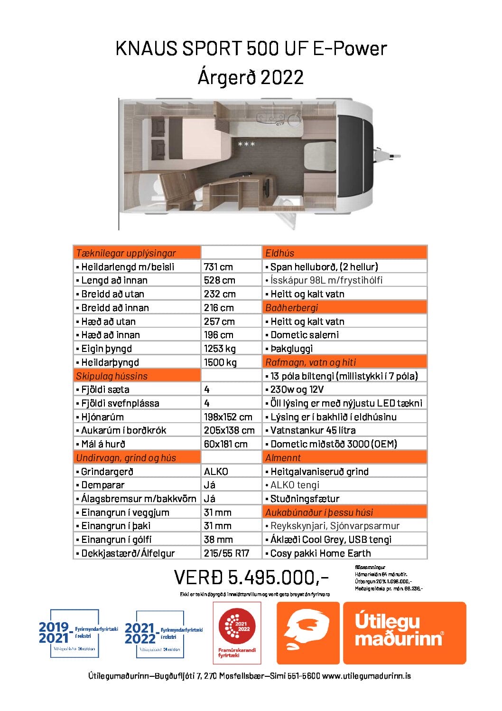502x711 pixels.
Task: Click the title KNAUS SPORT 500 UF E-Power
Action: [251, 48]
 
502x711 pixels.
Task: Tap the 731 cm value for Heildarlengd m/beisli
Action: [218, 267]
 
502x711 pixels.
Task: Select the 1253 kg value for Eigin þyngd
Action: [220, 349]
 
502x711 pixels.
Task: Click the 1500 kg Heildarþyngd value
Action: [220, 362]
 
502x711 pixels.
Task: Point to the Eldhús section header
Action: [280, 253]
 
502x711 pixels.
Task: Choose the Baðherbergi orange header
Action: [291, 308]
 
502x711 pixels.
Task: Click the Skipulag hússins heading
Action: [112, 376]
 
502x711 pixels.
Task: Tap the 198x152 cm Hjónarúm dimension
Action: [228, 417]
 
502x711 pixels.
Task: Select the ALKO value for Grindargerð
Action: [216, 472]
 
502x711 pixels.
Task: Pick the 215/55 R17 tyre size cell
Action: [226, 553]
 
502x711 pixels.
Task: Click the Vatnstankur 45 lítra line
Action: [313, 430]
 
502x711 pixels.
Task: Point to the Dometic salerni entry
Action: [305, 335]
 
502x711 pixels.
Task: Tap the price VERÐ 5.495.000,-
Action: [251, 578]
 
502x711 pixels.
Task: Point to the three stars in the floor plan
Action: [246, 144]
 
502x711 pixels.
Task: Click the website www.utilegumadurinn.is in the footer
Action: [366, 676]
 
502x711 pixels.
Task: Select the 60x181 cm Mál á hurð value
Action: [226, 444]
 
